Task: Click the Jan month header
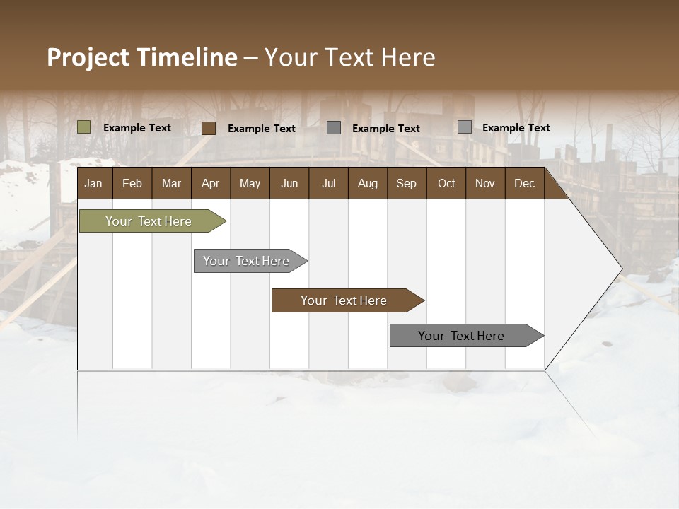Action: (x=93, y=184)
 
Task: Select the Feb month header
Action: (x=132, y=184)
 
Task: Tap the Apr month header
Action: (x=210, y=184)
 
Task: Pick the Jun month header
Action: (x=289, y=184)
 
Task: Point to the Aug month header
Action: (x=367, y=184)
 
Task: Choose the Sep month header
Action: (x=406, y=184)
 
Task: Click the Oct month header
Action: (x=446, y=184)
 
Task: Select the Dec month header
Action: (x=524, y=184)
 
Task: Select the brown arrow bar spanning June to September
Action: (x=344, y=300)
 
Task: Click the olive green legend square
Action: (x=84, y=127)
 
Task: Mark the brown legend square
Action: (x=209, y=128)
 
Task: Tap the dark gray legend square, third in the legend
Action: (x=334, y=128)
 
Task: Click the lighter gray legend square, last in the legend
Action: (x=465, y=127)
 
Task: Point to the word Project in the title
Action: (x=88, y=57)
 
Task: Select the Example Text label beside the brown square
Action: (x=261, y=129)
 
